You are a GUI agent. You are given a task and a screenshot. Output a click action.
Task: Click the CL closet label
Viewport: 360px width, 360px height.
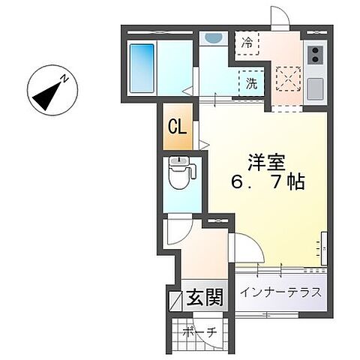tap(177, 127)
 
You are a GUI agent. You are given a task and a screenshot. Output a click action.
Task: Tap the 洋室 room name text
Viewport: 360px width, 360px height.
tap(267, 162)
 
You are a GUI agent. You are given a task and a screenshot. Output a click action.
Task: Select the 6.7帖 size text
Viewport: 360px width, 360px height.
tap(268, 181)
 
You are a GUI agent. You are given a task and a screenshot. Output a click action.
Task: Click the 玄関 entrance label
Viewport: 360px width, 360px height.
tap(205, 297)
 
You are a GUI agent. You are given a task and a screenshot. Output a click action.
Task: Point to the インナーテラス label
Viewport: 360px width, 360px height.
tap(281, 292)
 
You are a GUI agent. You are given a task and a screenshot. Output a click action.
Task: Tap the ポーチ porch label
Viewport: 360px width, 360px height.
tap(199, 332)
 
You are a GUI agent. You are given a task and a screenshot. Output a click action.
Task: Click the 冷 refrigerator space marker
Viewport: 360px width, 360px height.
tap(247, 43)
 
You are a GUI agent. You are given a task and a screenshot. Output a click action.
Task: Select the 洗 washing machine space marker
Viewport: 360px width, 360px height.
tap(251, 83)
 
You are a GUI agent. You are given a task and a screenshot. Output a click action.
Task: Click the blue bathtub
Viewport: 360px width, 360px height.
tap(142, 68)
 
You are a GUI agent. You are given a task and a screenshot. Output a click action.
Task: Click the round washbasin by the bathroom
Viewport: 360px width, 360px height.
tap(213, 38)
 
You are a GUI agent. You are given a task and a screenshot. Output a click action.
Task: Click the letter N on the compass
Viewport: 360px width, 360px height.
tap(65, 79)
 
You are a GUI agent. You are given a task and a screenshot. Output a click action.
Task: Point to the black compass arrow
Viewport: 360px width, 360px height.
tap(47, 96)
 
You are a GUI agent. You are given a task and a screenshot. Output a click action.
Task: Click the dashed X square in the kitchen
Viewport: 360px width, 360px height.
tap(288, 79)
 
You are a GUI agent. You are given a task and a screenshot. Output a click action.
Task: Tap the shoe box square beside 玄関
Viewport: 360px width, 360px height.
tap(175, 301)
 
